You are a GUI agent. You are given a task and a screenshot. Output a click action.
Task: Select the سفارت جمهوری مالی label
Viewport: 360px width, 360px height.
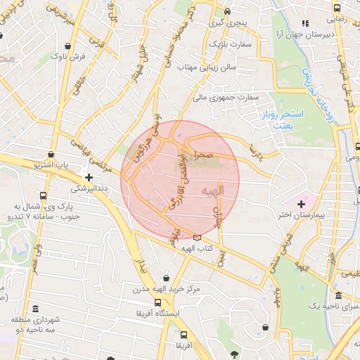[x=228, y=97]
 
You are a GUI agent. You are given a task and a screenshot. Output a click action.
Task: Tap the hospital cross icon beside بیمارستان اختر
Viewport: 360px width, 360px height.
[x=302, y=203]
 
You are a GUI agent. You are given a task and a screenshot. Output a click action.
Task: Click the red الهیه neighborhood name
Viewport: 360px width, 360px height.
[x=212, y=190]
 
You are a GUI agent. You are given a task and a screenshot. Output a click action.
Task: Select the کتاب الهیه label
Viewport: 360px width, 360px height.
[x=198, y=249]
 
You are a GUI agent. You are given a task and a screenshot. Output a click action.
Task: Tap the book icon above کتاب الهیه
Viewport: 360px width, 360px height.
[x=206, y=237]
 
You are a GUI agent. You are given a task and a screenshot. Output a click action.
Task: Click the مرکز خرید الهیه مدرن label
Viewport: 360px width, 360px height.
[x=166, y=289]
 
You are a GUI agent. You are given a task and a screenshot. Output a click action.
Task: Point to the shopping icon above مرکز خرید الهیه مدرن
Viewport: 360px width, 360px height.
[x=166, y=277]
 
